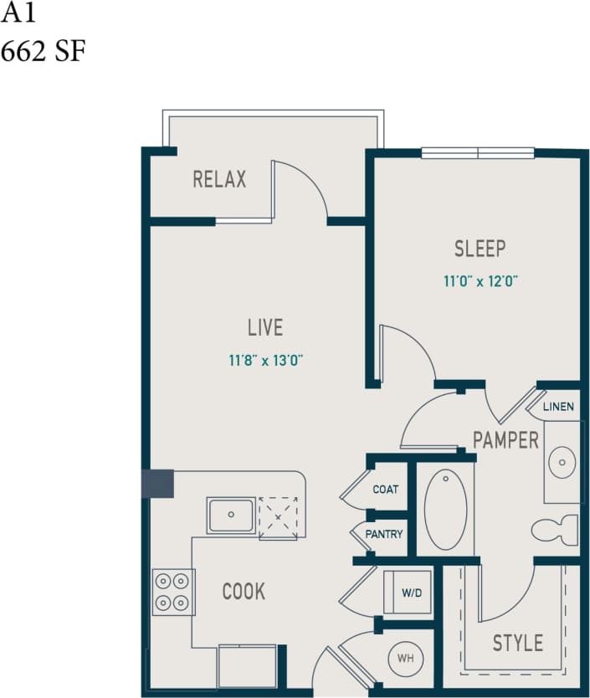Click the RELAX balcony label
click(219, 179)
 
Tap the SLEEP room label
click(480, 249)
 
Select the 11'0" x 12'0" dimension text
click(481, 281)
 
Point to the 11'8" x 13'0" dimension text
click(265, 361)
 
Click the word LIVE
click(264, 327)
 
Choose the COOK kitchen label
click(244, 592)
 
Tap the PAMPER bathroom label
click(505, 439)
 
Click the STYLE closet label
click(517, 643)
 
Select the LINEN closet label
click(558, 408)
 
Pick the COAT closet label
click(386, 490)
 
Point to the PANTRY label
click(384, 534)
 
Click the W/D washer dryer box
click(411, 593)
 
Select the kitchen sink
click(232, 515)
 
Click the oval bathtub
click(445, 509)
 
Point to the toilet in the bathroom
click(554, 530)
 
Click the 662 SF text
click(43, 51)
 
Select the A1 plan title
click(19, 14)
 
